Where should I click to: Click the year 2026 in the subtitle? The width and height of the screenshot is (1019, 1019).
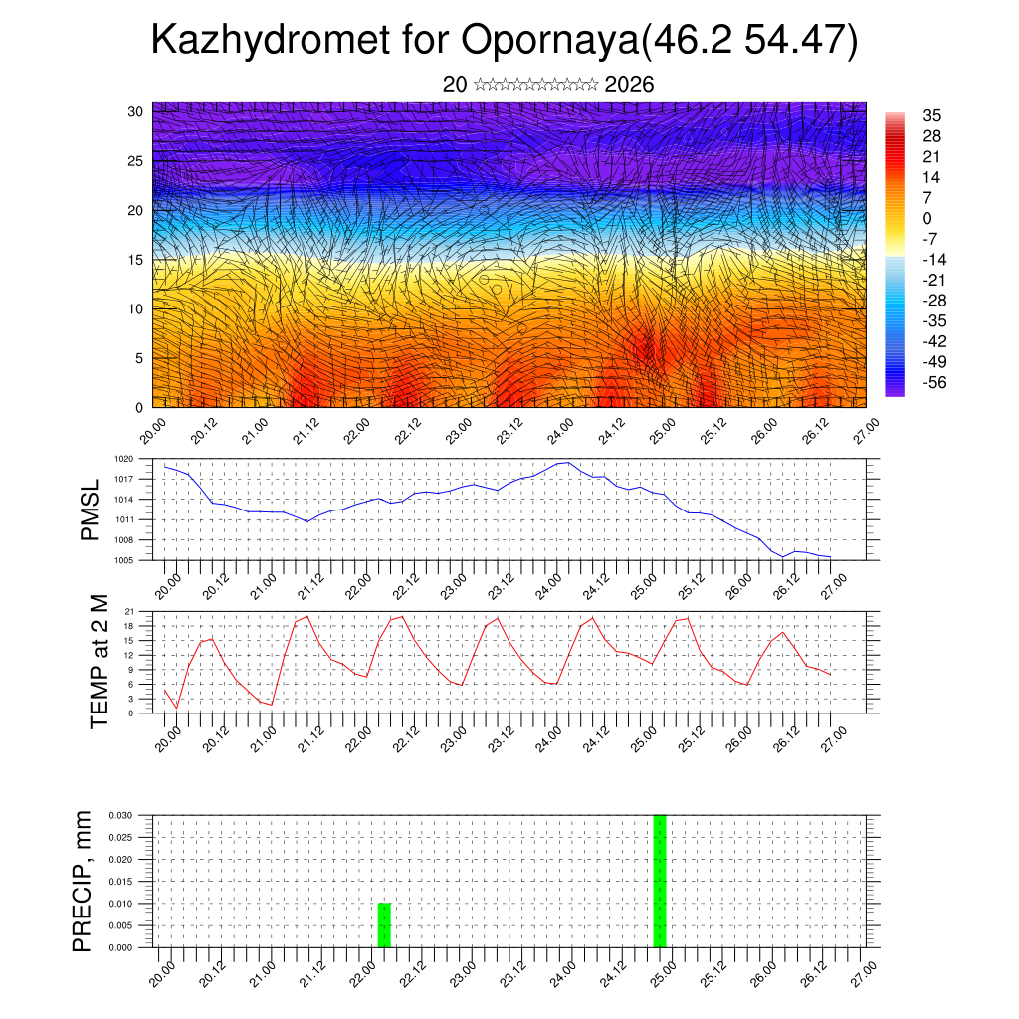coord(629,85)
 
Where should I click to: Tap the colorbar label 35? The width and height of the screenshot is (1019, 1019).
coord(932,115)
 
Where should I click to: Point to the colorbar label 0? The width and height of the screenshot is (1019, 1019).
coord(928,218)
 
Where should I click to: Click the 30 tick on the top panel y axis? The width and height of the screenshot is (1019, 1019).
coord(136,111)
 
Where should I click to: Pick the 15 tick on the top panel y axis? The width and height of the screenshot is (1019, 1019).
coord(136,260)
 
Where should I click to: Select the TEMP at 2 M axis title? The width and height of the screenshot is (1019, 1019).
coord(99,661)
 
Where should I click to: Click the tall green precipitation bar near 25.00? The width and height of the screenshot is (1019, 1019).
coord(659,881)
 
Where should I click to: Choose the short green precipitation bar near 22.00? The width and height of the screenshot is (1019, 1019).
coord(384,925)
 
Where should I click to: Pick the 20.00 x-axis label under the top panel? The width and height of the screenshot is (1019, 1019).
coord(152,432)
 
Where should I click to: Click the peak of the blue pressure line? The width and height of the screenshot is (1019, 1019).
coord(566,462)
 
